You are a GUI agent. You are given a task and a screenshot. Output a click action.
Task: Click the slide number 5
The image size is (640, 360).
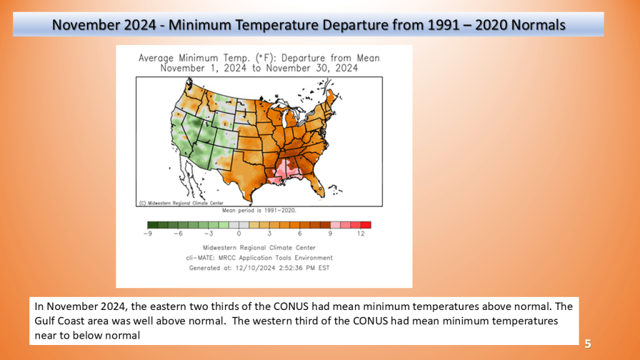pyautogui.click(x=587, y=344)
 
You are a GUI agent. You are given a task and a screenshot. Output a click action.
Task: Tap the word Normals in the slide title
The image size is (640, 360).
pyautogui.click(x=538, y=25)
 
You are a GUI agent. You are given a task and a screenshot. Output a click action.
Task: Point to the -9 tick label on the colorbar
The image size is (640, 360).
pyautogui.click(x=147, y=234)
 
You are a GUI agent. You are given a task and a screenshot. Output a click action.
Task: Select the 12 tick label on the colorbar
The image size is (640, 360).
pyautogui.click(x=361, y=234)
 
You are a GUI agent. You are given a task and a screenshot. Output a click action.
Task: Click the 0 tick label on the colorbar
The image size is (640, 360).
pyautogui.click(x=239, y=234)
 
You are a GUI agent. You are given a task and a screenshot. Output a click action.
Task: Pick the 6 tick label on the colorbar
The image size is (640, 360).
pyautogui.click(x=299, y=234)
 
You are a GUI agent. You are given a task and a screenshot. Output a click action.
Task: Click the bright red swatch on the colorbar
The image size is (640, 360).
pyautogui.click(x=366, y=225)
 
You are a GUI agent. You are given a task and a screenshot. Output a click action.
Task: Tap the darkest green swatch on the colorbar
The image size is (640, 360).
pyautogui.click(x=152, y=225)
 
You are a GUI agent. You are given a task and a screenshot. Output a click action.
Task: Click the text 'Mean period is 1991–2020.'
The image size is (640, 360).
pyautogui.click(x=259, y=211)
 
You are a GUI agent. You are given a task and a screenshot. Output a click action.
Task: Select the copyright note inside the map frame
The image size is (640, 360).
pyautogui.click(x=181, y=203)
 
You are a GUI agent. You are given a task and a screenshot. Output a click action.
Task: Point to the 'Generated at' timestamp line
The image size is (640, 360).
pyautogui.click(x=259, y=268)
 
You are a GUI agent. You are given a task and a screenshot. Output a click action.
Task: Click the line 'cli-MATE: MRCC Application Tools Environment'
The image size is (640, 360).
pyautogui.click(x=259, y=258)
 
